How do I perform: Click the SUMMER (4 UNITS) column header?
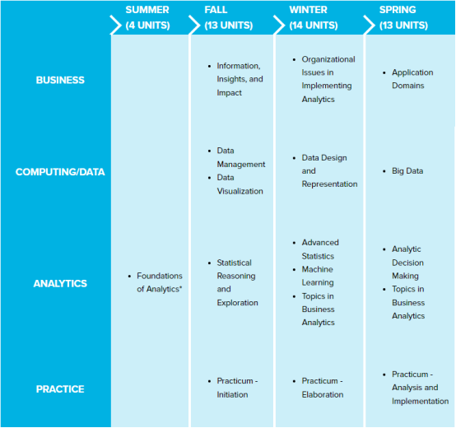pos(147,17)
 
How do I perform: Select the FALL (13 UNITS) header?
pos(229,17)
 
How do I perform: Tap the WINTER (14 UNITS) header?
pos(314,17)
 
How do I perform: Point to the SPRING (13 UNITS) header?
pos(403,17)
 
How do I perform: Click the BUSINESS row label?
pos(60,80)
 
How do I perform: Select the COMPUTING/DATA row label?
pos(60,172)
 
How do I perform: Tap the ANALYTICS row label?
pos(60,283)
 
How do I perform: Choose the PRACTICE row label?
pos(60,389)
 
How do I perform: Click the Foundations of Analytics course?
pos(160,282)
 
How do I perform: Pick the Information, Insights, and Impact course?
pos(240,79)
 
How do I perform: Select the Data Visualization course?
pos(240,184)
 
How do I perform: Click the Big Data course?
pos(407,171)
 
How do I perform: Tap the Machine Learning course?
pos(318,276)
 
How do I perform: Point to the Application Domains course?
pos(412,79)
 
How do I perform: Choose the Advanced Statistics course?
pos(320,249)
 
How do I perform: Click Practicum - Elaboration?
pos(323,388)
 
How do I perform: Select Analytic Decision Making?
pos(407,263)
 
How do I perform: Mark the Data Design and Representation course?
pos(329,170)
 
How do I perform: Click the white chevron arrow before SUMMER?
pos(115,25)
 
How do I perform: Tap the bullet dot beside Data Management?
pos(209,151)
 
